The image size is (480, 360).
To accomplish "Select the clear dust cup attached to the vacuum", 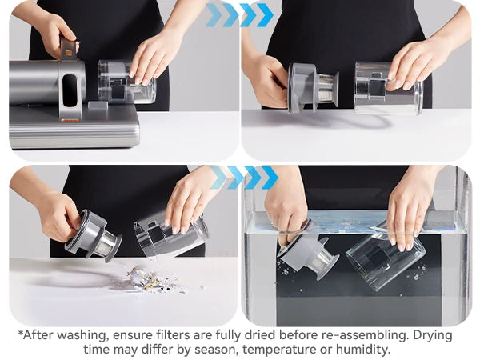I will (x=124, y=82).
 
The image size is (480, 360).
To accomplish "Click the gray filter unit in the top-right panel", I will (x=312, y=86).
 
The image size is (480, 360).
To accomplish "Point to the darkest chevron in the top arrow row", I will (x=265, y=14).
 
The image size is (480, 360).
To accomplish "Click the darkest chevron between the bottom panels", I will (x=270, y=178).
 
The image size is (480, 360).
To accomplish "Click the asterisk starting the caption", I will (x=22, y=334).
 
